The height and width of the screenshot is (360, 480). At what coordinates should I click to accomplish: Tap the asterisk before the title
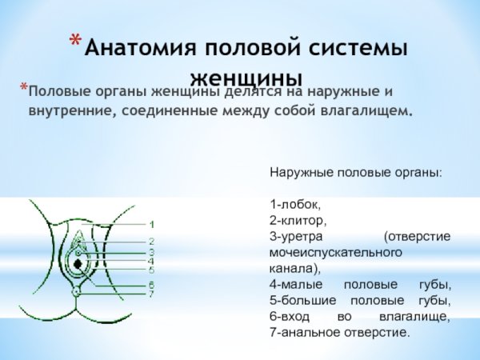[74, 42]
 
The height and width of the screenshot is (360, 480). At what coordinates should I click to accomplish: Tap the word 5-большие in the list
[300, 301]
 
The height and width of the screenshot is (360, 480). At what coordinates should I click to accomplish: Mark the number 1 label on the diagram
[152, 224]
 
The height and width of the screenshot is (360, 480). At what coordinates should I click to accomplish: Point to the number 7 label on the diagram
[151, 294]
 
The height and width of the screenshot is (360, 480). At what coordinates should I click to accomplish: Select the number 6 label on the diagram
[151, 284]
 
